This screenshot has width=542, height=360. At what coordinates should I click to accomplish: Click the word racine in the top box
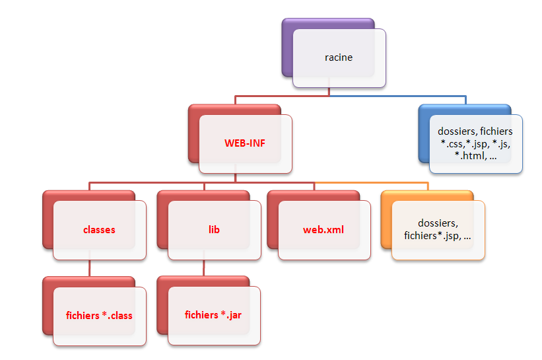[339, 57]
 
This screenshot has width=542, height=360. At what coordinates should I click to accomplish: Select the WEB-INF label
[245, 143]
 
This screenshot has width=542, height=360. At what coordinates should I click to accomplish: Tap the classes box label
[99, 230]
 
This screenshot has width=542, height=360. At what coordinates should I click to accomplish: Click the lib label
[214, 230]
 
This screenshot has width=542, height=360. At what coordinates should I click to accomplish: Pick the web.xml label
[323, 230]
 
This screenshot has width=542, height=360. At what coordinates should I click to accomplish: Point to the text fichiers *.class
[99, 315]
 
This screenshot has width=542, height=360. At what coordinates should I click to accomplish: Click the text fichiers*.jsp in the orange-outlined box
[432, 235]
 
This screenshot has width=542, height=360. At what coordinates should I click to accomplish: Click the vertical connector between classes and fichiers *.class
[89, 268]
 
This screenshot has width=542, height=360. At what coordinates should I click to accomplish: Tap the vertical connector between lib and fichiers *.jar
[203, 268]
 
